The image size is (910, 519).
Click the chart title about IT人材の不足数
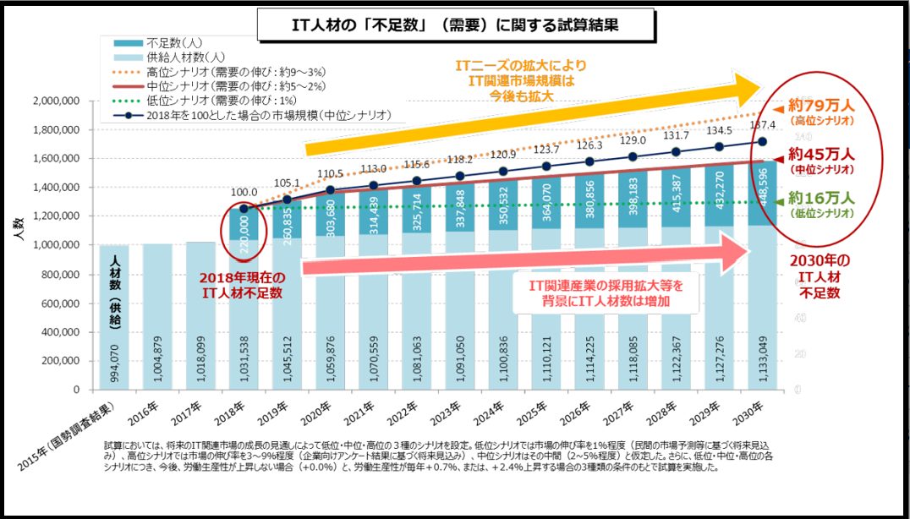[456, 25]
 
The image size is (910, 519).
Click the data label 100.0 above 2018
[244, 193]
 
